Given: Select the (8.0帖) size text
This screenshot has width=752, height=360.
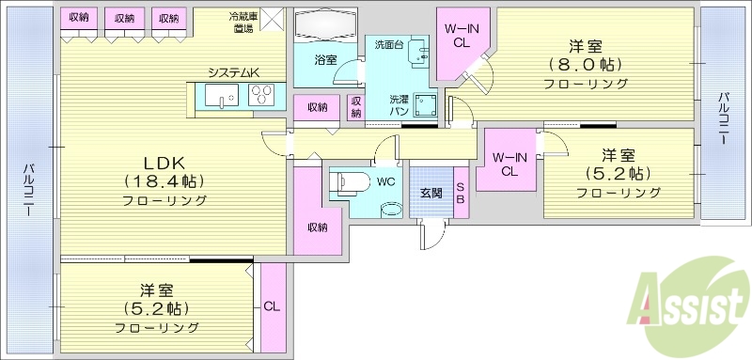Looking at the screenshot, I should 585,65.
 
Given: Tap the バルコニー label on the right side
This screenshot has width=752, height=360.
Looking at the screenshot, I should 724,117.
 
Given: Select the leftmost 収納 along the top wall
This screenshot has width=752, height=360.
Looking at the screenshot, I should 78,19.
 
